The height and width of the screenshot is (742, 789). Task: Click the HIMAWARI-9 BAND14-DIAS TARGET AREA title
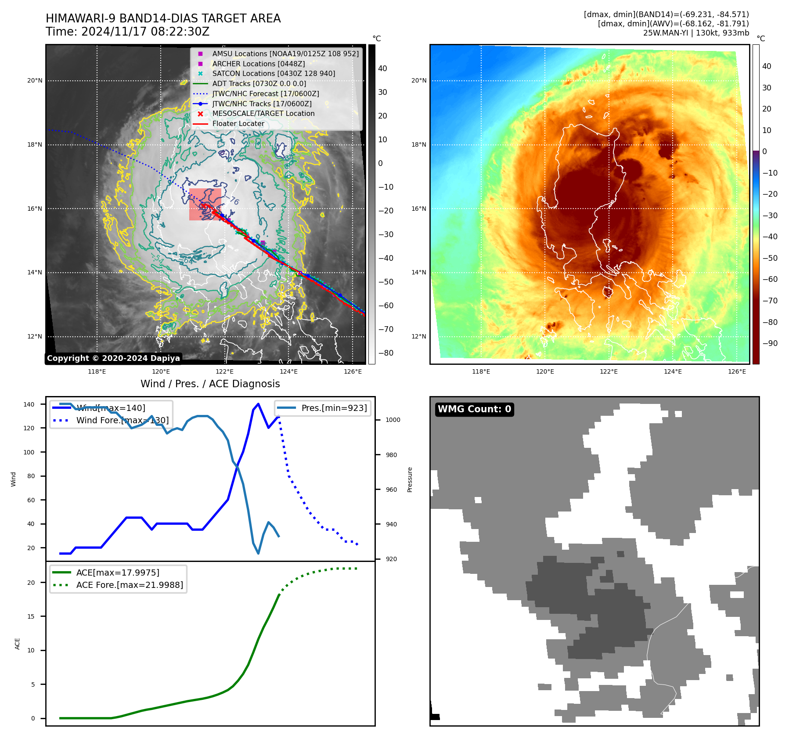pos(163,18)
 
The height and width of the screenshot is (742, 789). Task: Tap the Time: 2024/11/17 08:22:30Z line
pos(127,32)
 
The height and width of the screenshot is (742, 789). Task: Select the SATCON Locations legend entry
pos(273,74)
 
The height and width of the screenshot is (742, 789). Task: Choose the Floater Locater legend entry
pos(238,124)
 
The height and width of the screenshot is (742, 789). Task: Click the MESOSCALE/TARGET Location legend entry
pos(263,114)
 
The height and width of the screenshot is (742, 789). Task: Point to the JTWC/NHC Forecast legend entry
pos(265,94)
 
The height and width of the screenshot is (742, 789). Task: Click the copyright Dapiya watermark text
pos(113,358)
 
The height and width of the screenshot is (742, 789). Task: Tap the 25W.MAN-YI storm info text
pos(696,33)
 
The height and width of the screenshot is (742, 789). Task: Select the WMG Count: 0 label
pos(474,409)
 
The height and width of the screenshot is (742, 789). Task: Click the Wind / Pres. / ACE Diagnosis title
pos(210,384)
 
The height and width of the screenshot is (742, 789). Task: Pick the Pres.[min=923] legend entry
pos(334,408)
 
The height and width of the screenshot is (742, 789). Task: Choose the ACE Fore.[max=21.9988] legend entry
pos(130,585)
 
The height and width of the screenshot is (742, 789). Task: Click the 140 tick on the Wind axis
pos(29,404)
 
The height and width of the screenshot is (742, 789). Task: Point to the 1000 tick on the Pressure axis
pos(393,420)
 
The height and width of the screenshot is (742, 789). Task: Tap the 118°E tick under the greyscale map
pos(97,372)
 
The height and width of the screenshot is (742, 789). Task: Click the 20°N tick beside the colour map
pos(418,81)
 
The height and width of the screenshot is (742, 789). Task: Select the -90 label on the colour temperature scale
pos(770,343)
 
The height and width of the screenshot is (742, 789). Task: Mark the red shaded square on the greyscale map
pos(205,205)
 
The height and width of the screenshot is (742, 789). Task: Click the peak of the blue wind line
pos(258,404)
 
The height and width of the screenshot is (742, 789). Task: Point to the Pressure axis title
pos(410,479)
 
